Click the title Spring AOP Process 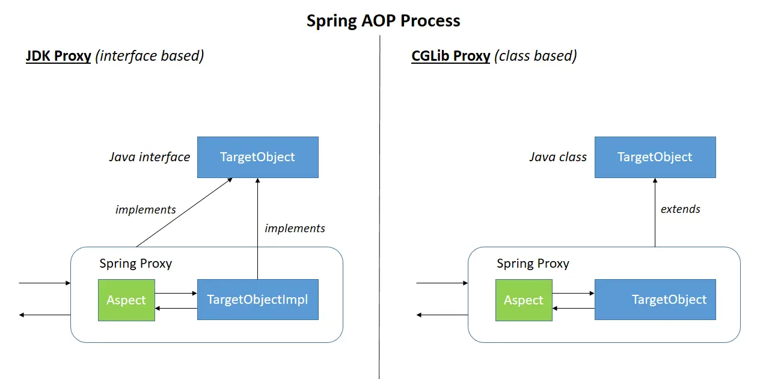point(383,20)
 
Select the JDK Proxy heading point(58,56)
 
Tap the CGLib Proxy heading point(450,56)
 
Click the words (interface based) point(150,56)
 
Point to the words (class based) point(535,56)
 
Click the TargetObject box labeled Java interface point(257,157)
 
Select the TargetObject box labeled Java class point(655,157)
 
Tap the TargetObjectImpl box point(257,299)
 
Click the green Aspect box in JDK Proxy point(126,300)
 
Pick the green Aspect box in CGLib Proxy point(524,300)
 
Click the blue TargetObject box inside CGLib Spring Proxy point(655,299)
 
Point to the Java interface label point(149,157)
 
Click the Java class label point(557,157)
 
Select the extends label point(680,209)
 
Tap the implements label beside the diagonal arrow point(146,209)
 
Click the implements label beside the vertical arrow point(295,228)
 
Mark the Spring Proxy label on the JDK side point(135,263)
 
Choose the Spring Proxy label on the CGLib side point(533,263)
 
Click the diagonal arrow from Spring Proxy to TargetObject point(184,212)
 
